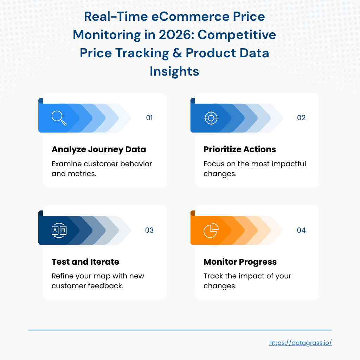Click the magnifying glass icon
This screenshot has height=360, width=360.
(59, 118)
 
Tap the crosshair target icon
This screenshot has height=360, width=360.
(211, 118)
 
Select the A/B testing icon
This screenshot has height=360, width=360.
(59, 230)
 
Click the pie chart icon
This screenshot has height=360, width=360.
(211, 230)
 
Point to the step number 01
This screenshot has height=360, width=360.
(149, 118)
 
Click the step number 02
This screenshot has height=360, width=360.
(301, 118)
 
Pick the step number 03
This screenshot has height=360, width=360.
(149, 230)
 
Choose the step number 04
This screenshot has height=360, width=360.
(301, 230)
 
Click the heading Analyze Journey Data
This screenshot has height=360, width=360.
(99, 149)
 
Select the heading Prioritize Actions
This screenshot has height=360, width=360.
(240, 149)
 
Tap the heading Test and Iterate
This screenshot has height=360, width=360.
(85, 262)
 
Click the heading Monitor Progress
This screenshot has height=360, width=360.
(240, 262)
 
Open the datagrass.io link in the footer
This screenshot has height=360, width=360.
(301, 343)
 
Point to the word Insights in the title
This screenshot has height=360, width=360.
(174, 71)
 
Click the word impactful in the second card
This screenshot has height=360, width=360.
(288, 164)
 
